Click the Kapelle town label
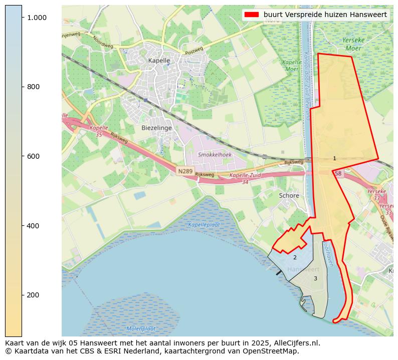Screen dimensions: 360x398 [159, 61]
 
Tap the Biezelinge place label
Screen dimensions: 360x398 [156, 128]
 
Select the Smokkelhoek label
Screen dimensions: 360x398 [215, 155]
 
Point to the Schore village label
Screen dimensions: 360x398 [289, 196]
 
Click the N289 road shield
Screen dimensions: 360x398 [185, 171]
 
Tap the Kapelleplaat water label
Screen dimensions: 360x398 [204, 225]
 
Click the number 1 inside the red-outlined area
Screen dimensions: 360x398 [334, 158]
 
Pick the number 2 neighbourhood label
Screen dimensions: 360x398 [295, 257]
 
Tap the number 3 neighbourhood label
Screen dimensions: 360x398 [315, 278]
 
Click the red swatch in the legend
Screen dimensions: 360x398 [252, 15]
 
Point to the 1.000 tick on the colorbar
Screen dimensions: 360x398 [37, 18]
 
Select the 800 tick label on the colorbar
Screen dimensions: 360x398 [34, 87]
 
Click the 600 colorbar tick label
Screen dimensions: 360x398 [34, 156]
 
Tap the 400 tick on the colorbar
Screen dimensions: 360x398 [34, 226]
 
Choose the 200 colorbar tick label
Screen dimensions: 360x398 [34, 295]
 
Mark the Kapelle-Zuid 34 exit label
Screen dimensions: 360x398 [246, 178]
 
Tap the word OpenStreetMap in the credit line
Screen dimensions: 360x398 [275, 351]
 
